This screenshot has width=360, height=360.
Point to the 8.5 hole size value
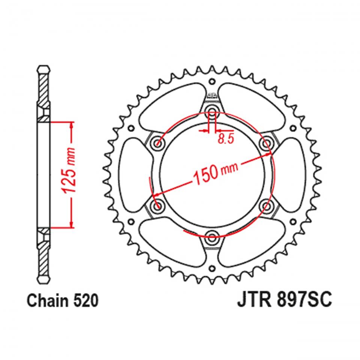click(x=225, y=139)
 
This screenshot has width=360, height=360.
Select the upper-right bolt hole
click(x=267, y=142)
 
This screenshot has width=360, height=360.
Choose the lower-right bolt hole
click(x=267, y=205)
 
